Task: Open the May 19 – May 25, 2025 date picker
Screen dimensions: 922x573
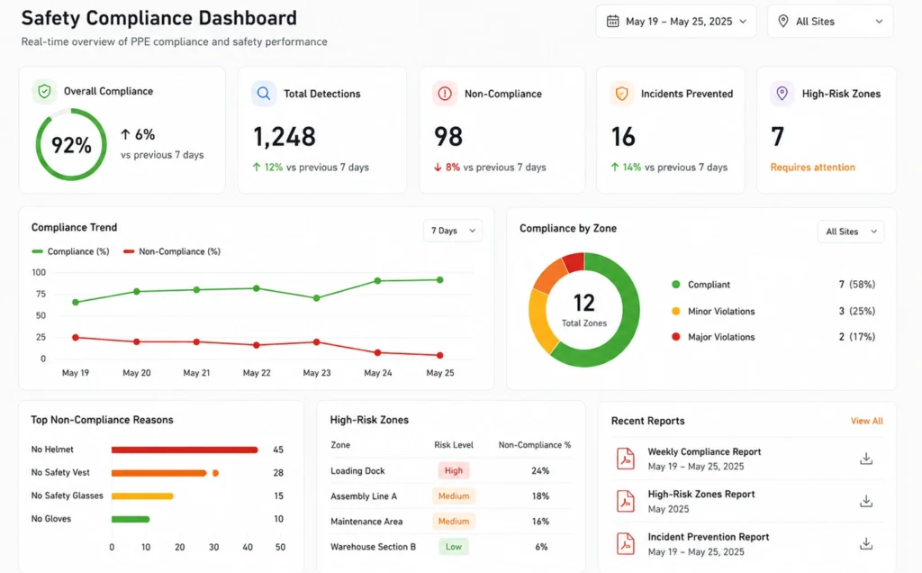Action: [675, 22]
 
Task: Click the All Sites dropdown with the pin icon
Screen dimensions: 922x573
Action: [829, 22]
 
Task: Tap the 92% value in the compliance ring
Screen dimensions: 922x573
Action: [71, 145]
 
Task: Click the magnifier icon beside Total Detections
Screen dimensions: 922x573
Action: [264, 94]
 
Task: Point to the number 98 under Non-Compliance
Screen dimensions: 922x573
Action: [448, 136]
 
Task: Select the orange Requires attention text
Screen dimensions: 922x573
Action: [813, 167]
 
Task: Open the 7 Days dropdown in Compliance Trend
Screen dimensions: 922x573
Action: [453, 231]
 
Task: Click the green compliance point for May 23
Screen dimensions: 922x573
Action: [316, 298]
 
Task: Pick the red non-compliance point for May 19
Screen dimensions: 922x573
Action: [76, 338]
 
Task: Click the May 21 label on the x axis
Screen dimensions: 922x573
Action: [196, 373]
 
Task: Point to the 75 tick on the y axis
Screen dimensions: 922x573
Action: [40, 294]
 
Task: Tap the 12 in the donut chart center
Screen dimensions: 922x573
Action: [583, 303]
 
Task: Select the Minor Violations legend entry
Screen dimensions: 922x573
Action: [713, 311]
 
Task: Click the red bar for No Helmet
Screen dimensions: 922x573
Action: [185, 450]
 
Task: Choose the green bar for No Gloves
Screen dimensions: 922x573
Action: [131, 520]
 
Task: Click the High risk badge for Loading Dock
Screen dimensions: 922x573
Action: [454, 470]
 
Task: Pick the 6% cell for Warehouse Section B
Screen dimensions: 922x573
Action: [541, 547]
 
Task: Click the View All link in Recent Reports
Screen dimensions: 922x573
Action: [867, 422]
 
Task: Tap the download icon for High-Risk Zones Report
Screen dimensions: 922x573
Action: [866, 501]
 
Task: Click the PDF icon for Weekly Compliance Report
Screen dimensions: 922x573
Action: [626, 459]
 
